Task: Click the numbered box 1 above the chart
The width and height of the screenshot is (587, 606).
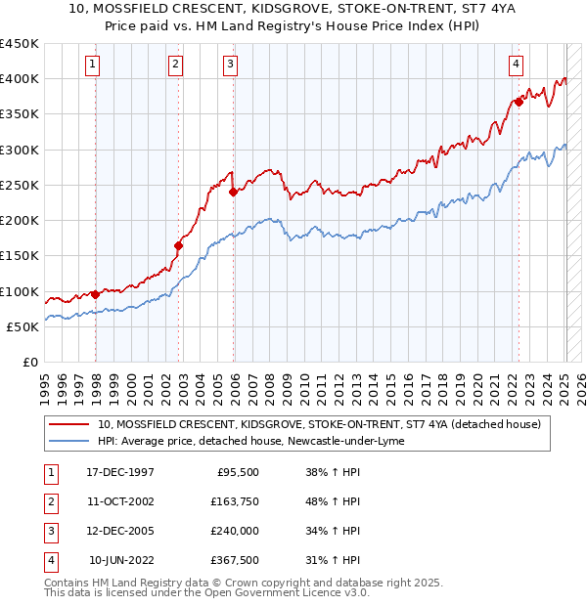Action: tap(91, 65)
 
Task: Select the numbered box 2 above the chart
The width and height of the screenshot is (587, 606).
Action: tap(174, 65)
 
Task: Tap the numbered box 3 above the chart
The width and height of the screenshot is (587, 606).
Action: tap(230, 65)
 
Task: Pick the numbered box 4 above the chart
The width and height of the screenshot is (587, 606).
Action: tap(515, 65)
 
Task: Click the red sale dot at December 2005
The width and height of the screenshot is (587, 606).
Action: tap(234, 193)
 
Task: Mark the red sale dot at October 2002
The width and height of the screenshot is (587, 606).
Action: tap(179, 246)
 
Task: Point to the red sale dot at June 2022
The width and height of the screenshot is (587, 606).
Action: tap(519, 103)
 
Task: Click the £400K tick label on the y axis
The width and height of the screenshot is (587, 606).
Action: tap(20, 79)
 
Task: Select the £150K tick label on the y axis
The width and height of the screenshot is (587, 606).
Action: tap(20, 256)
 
